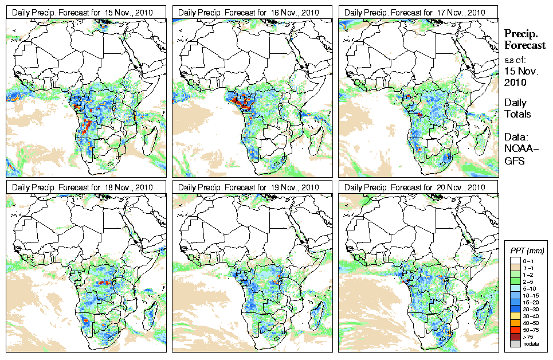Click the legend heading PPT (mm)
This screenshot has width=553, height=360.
527,251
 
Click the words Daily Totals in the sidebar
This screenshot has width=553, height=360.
517,108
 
